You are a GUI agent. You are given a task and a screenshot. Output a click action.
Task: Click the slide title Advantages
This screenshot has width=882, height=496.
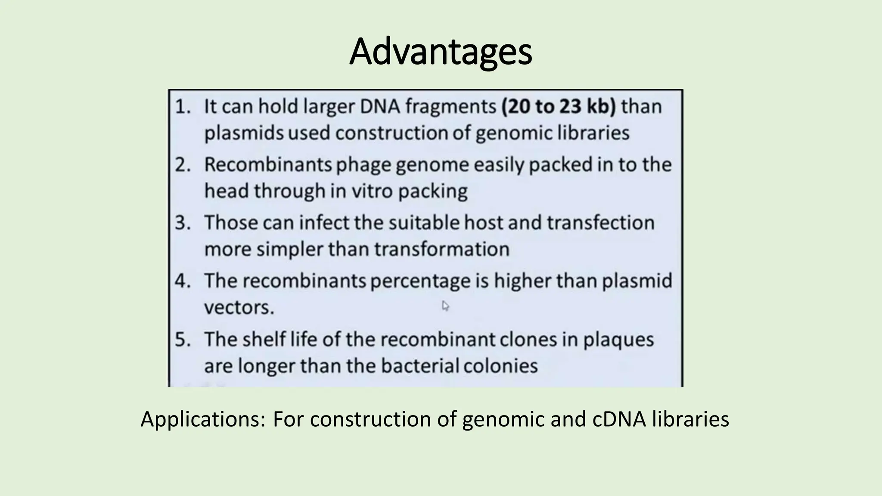tap(441, 52)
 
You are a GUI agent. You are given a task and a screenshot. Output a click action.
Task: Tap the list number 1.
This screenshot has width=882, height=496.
tap(182, 106)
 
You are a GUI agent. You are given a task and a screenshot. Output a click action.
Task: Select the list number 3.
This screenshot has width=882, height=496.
tap(182, 223)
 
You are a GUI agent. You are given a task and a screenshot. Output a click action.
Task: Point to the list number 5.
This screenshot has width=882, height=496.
tap(182, 340)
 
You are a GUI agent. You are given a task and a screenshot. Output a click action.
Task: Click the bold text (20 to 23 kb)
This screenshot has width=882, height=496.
tap(559, 106)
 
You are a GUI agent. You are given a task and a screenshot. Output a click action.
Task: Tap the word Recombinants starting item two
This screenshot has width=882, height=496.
tap(267, 165)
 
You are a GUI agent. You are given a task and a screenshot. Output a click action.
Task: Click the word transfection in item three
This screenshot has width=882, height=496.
tap(600, 223)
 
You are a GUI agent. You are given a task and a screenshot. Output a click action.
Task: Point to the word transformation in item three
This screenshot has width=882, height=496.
tap(441, 249)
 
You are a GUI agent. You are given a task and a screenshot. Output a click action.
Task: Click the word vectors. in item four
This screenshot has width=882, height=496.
tap(239, 308)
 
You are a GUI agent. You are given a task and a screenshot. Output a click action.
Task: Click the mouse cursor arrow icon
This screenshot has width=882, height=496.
tap(445, 306)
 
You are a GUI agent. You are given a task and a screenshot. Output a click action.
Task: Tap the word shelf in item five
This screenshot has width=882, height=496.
tap(264, 340)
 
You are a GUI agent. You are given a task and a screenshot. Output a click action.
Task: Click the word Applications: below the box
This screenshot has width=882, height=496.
tap(203, 419)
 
